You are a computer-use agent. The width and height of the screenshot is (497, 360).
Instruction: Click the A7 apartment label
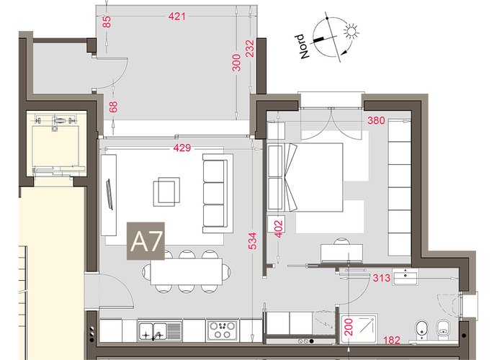pyautogui.click(x=145, y=241)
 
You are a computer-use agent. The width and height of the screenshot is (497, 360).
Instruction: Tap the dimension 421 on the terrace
pyautogui.click(x=176, y=16)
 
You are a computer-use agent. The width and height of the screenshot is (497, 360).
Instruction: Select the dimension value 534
pyautogui.click(x=252, y=241)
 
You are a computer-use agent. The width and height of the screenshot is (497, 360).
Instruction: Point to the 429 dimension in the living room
pyautogui.click(x=182, y=148)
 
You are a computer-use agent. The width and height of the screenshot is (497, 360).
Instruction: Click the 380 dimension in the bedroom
pyautogui.click(x=376, y=120)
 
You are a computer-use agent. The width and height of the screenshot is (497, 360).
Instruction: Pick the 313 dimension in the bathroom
pyautogui.click(x=382, y=278)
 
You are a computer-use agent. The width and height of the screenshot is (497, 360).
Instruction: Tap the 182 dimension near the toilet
pyautogui.click(x=392, y=340)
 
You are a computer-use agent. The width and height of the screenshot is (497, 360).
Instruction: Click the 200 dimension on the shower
pyautogui.click(x=349, y=328)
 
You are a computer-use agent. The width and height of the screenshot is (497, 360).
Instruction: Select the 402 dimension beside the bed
pyautogui.click(x=278, y=229)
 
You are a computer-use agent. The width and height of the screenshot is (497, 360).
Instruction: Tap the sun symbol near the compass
pyautogui.click(x=352, y=32)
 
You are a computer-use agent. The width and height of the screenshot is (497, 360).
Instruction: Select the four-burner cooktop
pyautogui.click(x=222, y=330)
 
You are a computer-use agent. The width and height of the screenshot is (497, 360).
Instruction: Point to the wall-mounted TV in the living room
pyautogui.click(x=109, y=194)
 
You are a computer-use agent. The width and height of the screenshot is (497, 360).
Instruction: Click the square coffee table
pyautogui.click(x=166, y=192)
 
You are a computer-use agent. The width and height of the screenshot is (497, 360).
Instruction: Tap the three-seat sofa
pyautogui.click(x=215, y=193)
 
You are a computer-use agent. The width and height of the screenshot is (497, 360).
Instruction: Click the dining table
pyautogui.click(x=187, y=271)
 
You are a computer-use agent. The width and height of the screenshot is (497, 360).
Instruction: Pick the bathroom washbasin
pyautogui.click(x=405, y=276)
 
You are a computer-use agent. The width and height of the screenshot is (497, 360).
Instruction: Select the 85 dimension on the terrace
pyautogui.click(x=107, y=22)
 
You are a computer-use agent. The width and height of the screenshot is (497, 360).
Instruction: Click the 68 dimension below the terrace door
pyautogui.click(x=114, y=107)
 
